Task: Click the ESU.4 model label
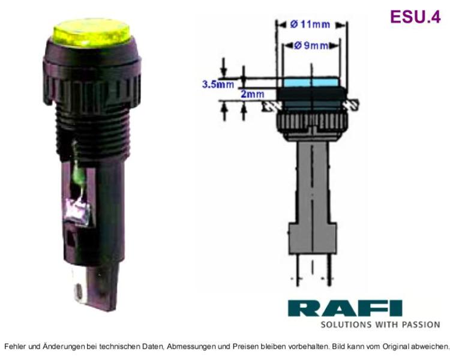coord(415,16)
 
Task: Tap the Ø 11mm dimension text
coord(310,25)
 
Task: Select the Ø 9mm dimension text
coord(311,46)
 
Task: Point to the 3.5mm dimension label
coord(218,84)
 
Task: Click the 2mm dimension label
coord(252,94)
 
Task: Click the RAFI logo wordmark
coord(345,308)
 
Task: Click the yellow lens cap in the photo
coord(91,32)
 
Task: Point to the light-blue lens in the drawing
coord(311,82)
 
